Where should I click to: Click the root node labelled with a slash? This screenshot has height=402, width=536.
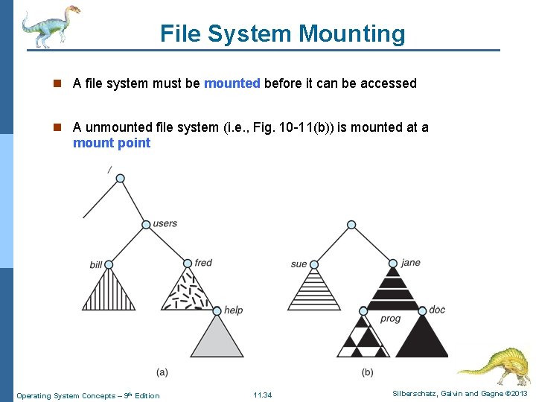[x=121, y=179]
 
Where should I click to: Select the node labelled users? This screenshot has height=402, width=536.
[x=147, y=224]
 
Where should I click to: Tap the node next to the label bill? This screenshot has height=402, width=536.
[x=109, y=264]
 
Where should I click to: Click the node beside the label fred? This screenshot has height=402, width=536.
[x=188, y=264]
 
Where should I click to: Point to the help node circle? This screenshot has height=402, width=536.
[x=217, y=310]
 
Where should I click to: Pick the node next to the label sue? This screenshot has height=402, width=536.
[x=313, y=264]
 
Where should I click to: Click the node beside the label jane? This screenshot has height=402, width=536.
[x=393, y=264]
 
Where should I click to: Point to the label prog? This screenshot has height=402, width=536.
[x=390, y=319]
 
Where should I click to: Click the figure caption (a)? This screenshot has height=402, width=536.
[x=162, y=371]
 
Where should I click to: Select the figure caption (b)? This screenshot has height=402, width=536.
[x=368, y=371]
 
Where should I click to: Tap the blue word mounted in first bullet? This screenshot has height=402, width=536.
[x=232, y=83]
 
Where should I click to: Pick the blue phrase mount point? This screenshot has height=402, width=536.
[x=112, y=143]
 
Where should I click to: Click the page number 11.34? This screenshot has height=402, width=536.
[x=263, y=395]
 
